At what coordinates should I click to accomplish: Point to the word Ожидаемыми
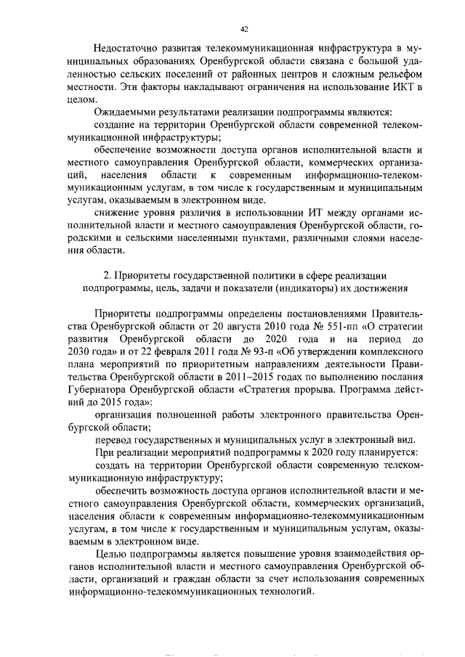[x=125, y=112]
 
